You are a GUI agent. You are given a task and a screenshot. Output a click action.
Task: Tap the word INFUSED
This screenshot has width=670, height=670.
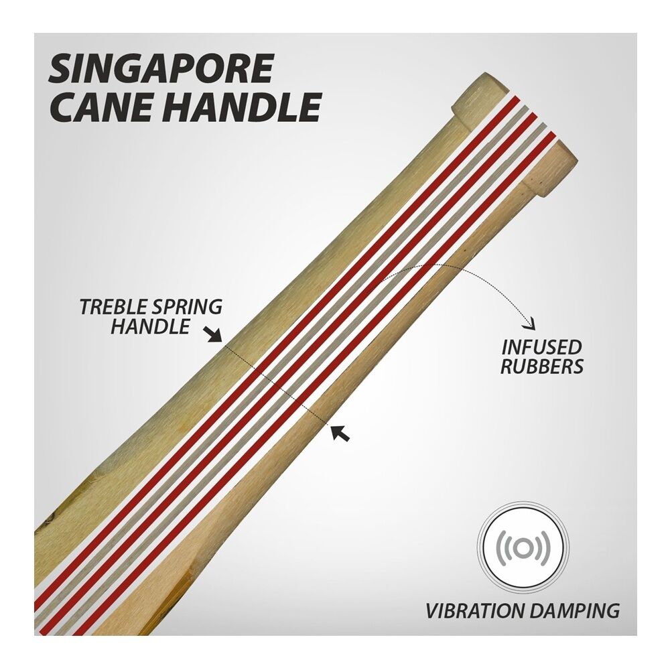[x=541, y=347]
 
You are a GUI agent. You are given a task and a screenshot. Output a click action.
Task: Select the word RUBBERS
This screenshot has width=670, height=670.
[x=541, y=366]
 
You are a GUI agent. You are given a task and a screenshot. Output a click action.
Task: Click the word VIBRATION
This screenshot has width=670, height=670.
[x=478, y=610]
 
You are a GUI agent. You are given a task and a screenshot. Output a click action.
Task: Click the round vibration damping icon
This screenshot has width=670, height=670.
[x=525, y=548]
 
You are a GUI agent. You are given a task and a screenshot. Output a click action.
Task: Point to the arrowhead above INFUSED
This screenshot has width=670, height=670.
[x=531, y=326]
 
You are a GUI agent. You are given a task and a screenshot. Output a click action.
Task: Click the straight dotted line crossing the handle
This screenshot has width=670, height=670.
[x=278, y=385]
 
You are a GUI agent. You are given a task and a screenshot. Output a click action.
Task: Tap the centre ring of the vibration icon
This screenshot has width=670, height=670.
[x=525, y=548]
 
